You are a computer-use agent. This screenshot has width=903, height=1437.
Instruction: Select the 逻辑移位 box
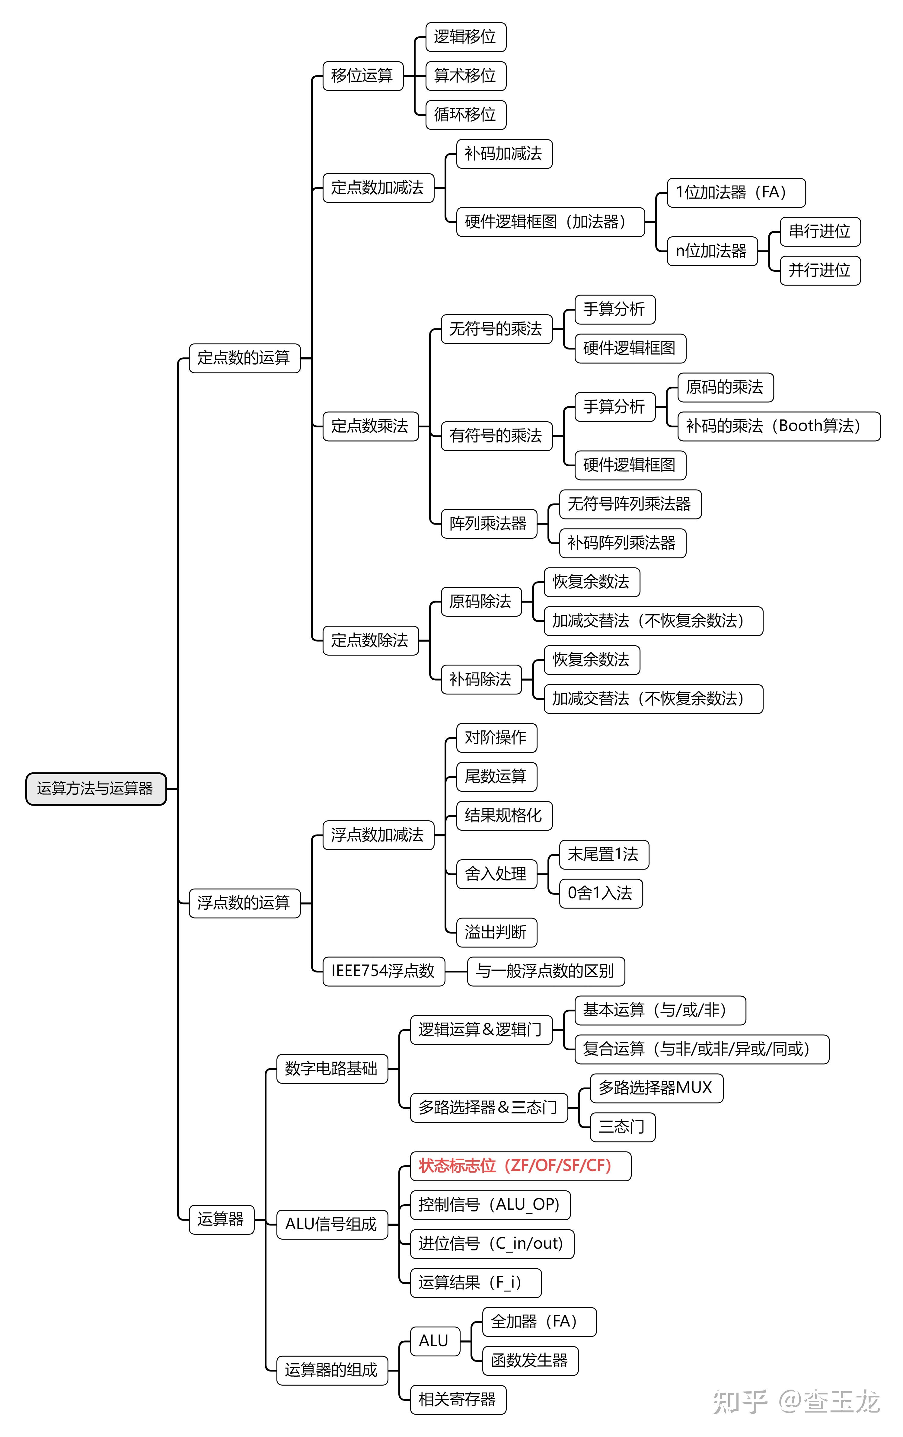coord(465,37)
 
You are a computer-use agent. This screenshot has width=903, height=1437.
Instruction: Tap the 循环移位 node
coord(465,115)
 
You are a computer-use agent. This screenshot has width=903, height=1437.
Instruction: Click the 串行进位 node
coord(819,232)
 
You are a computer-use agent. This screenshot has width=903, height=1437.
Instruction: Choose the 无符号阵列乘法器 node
coord(630,504)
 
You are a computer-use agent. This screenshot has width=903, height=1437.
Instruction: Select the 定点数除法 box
coord(370,640)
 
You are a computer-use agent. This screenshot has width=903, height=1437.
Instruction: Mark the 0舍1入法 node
coord(600,893)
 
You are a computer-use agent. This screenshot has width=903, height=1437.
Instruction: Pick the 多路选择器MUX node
coord(656,1088)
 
